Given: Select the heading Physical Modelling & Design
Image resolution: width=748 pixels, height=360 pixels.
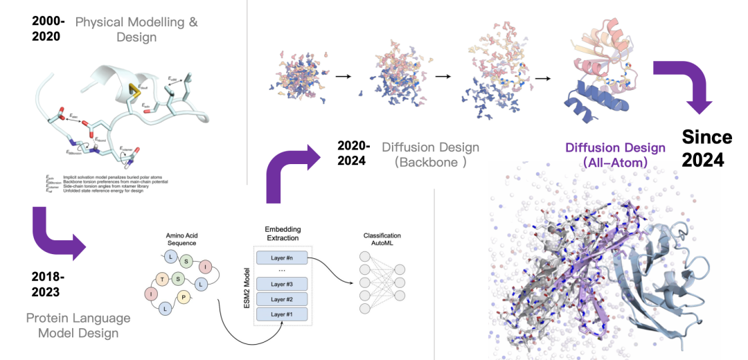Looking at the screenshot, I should (136, 28).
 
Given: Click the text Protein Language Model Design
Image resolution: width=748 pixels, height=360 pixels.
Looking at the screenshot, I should (78, 325).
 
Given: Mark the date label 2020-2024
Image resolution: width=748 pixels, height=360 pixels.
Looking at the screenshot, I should (355, 153).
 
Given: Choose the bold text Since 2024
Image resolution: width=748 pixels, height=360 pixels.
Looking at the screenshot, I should (706, 147).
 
